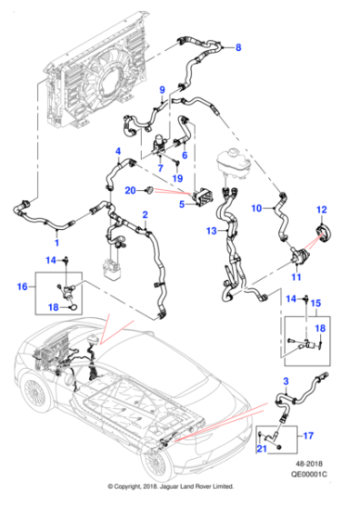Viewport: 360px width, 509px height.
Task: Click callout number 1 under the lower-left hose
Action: point(56,243)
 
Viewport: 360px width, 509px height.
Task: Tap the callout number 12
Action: point(320,210)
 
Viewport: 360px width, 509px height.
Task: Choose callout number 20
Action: point(130,190)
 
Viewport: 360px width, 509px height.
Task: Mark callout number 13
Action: point(210,231)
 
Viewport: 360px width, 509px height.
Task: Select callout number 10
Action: point(256,208)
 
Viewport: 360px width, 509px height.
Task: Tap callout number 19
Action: point(177,178)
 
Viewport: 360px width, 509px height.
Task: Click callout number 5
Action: point(183,205)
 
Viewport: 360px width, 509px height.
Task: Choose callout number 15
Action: point(317,314)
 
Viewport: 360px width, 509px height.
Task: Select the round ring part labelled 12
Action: point(321,236)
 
